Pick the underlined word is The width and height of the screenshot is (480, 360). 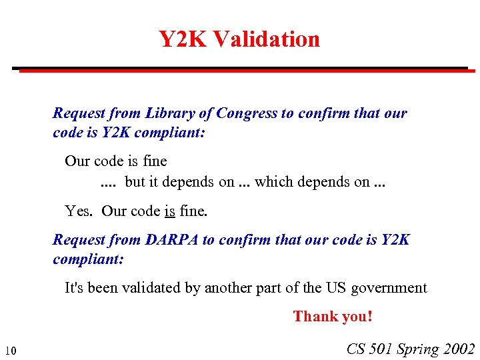(x=169, y=211)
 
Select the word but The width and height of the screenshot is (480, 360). (x=135, y=181)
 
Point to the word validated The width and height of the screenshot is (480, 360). (x=157, y=288)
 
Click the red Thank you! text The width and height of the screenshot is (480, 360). (x=333, y=317)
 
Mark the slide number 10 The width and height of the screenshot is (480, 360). (x=11, y=351)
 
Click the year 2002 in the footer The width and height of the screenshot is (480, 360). (x=459, y=349)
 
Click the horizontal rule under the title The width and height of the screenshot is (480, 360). (x=240, y=69)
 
